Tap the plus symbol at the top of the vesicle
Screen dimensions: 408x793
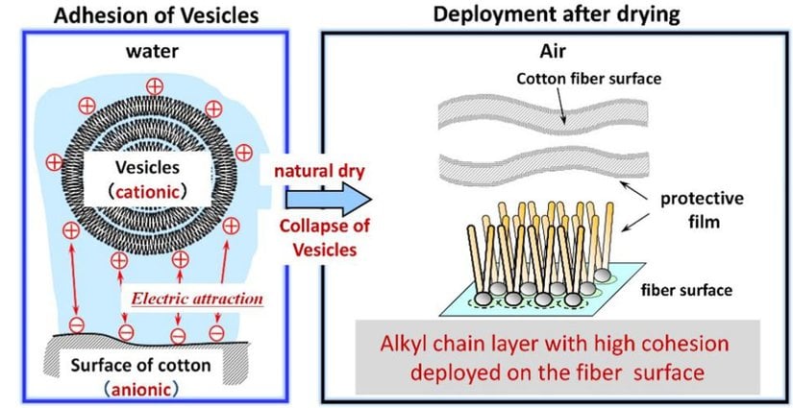pyautogui.click(x=154, y=86)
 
